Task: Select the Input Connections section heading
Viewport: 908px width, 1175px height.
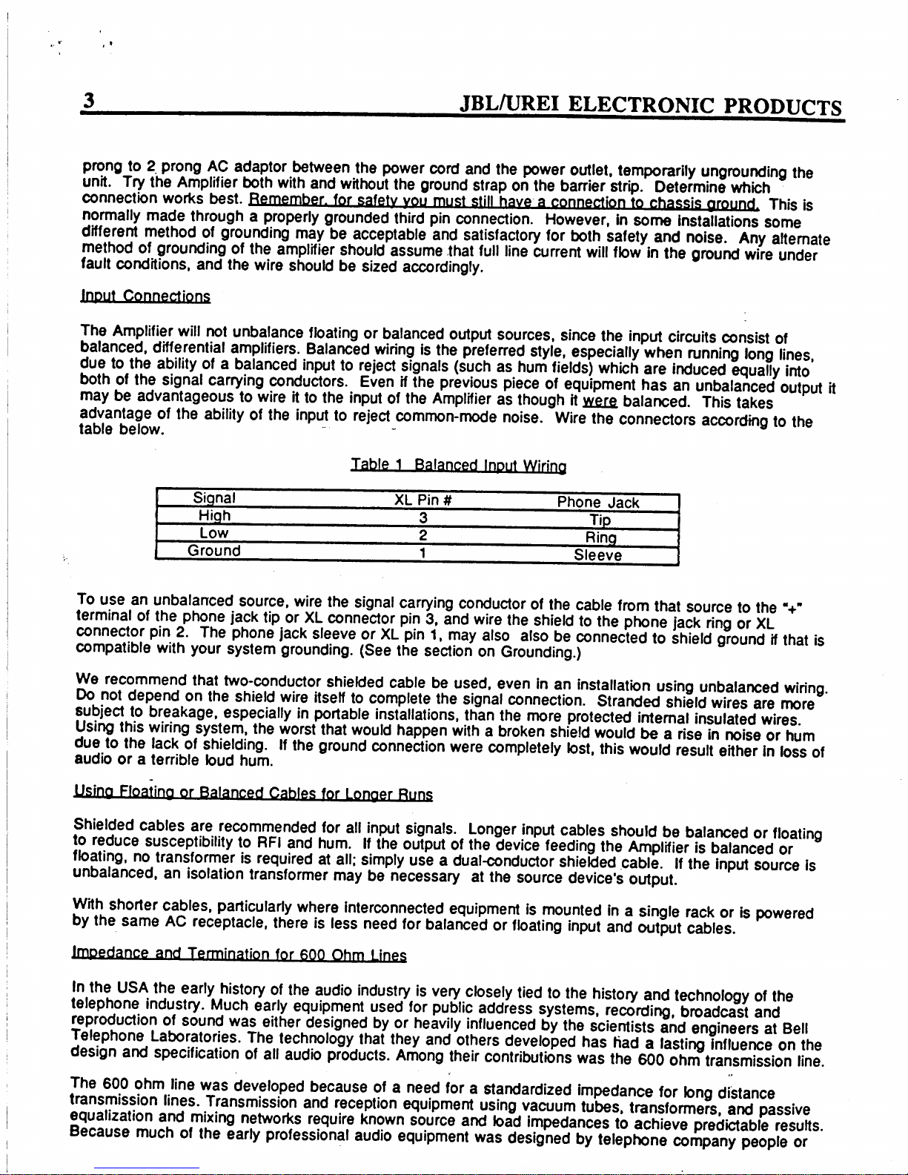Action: coord(145,297)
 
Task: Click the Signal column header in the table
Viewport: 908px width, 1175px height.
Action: coord(214,497)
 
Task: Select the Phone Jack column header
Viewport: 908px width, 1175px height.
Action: coord(598,503)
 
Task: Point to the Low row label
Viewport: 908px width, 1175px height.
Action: coord(213,533)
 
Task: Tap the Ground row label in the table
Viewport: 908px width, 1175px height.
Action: coord(213,551)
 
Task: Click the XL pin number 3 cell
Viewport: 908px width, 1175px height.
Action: coord(422,517)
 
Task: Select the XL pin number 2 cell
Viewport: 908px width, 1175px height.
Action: coord(422,534)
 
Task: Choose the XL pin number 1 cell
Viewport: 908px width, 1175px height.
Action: coord(422,552)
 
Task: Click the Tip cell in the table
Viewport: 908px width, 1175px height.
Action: coord(599,520)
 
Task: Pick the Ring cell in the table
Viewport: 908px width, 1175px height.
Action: coord(599,537)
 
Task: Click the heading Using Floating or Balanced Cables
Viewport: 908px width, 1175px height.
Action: coord(253,795)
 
